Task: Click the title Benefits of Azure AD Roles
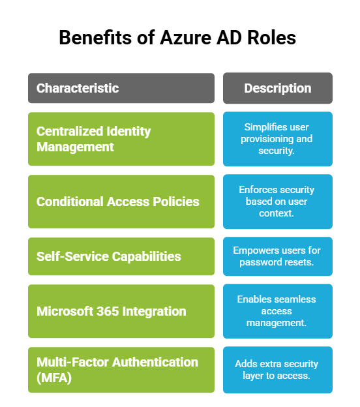[177, 38]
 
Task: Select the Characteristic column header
[121, 88]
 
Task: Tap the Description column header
[277, 88]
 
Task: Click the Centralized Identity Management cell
[121, 139]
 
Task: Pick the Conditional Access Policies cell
[121, 202]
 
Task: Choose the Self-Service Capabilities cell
[121, 256]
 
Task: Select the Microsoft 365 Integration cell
[121, 311]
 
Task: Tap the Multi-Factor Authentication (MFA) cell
[121, 370]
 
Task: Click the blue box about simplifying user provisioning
[277, 139]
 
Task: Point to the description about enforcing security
[277, 202]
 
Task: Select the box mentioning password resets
[277, 256]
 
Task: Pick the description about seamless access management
[277, 311]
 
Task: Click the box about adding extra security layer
[277, 370]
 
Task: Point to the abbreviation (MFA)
[54, 378]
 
